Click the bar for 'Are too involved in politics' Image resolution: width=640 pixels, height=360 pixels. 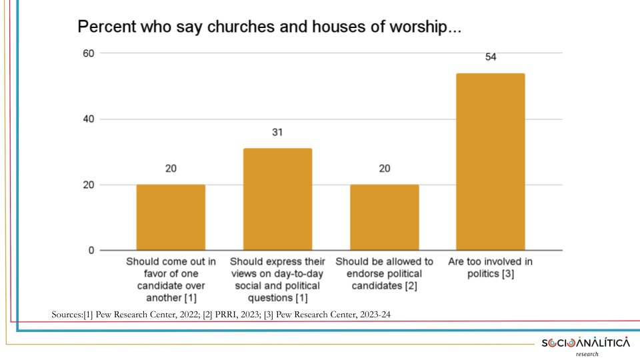(490, 162)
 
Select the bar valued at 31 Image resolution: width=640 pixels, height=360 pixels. (277, 199)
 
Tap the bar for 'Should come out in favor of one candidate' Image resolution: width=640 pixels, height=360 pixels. (171, 217)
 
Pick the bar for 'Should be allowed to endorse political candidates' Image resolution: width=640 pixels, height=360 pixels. (384, 217)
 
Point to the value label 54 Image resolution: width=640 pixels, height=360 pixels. (491, 57)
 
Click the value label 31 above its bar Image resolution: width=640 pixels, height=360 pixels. (277, 133)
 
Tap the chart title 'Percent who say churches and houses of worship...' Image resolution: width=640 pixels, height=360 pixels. (269, 28)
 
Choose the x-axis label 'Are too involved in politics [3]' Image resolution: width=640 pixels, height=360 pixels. (491, 267)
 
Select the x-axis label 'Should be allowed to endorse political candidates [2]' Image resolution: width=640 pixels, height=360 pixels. (384, 273)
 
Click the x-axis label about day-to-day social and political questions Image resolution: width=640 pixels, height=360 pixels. (277, 279)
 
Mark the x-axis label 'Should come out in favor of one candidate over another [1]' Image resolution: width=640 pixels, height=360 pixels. (171, 279)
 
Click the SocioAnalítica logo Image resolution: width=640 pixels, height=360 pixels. (585, 343)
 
